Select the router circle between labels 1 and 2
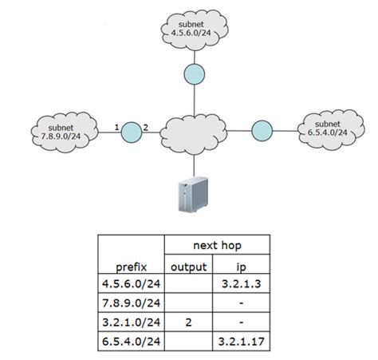coord(131,129)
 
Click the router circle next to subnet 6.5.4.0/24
coord(261,129)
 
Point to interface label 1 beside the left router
coord(116,127)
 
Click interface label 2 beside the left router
coord(146,127)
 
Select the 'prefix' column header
coord(130,267)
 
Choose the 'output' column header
coord(189,267)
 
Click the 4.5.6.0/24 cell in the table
coord(130,284)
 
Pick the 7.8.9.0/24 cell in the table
coord(130,303)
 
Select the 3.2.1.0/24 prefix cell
coord(130,322)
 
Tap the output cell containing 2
coord(189,322)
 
